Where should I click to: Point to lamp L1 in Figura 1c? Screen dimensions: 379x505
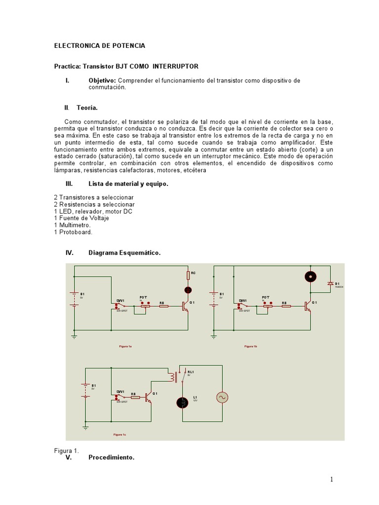tap(183, 403)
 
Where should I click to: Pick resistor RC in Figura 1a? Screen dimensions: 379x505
tap(188, 274)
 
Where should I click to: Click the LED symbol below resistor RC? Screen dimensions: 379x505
tap(188, 290)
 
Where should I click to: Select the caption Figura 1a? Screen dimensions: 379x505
tap(125, 347)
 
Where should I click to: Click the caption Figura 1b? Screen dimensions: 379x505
tap(251, 347)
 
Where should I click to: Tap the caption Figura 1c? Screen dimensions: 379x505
tap(120, 434)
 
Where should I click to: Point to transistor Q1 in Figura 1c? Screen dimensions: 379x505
tap(148, 397)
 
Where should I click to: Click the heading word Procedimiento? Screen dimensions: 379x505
tap(111, 458)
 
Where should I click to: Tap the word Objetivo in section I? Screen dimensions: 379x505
tap(102, 80)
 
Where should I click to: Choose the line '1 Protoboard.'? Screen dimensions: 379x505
tap(73, 232)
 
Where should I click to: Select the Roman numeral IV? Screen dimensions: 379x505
tap(70, 253)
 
